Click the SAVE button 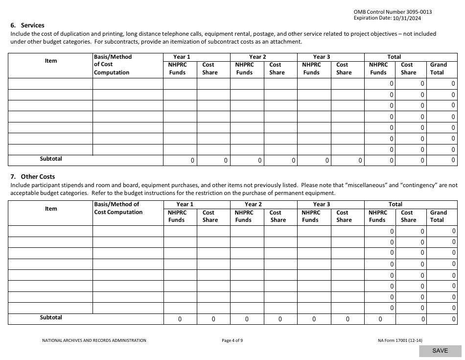[440, 351]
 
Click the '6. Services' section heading [27, 25]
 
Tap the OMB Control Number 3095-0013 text [393, 12]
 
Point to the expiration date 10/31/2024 [407, 18]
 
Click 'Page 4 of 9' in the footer [232, 340]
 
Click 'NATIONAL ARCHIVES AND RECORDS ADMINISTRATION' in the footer [94, 340]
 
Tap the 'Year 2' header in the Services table [257, 57]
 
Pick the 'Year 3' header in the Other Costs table [321, 204]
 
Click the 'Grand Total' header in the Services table [438, 69]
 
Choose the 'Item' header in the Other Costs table [51, 209]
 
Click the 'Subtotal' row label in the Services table [51, 159]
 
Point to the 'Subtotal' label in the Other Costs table [51, 317]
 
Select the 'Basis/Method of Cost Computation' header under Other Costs [118, 208]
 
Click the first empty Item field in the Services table [51, 84]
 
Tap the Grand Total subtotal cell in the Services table [442, 160]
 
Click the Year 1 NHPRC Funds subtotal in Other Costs [180, 319]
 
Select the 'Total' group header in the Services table [394, 57]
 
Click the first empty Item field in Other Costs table [51, 231]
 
